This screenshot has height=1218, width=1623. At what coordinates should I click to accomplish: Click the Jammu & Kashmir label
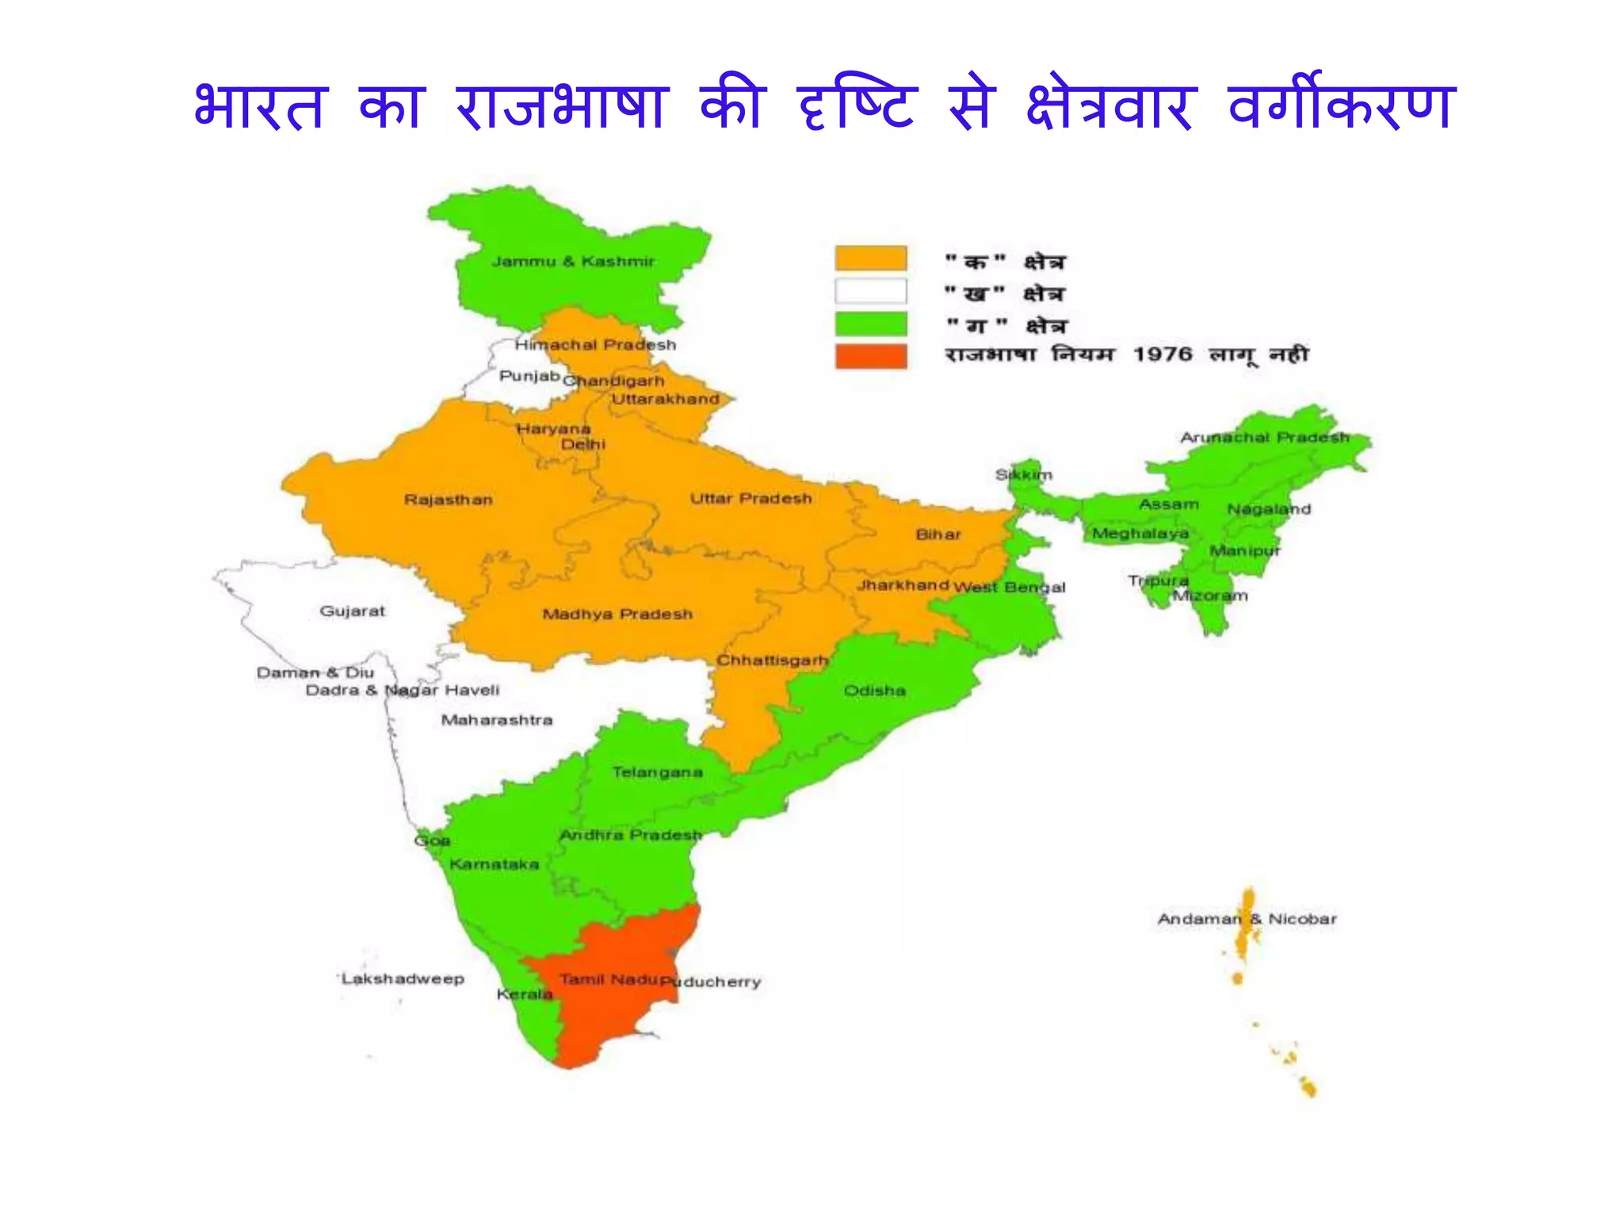[573, 262]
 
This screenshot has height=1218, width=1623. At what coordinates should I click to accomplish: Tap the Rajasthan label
[449, 500]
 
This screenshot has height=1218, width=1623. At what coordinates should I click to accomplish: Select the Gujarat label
[352, 611]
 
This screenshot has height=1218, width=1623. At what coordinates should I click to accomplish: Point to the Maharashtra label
[497, 720]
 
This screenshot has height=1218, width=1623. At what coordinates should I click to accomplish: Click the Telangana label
[657, 772]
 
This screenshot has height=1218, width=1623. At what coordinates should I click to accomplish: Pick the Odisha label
[874, 691]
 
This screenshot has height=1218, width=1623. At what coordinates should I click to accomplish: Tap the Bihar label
[938, 534]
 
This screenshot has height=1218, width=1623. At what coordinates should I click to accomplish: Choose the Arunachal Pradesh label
[1265, 438]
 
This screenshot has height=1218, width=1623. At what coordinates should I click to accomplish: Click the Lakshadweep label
[403, 979]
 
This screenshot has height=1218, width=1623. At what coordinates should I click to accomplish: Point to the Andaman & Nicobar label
[1247, 919]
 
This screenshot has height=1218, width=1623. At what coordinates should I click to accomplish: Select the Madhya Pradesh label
[617, 614]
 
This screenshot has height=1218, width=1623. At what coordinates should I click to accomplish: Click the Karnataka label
[494, 864]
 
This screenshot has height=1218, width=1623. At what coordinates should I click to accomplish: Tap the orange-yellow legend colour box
[870, 259]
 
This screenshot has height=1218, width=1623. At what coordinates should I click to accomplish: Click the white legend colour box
[870, 291]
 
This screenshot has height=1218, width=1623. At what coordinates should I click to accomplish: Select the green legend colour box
[870, 324]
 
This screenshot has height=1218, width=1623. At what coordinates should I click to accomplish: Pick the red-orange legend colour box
[870, 356]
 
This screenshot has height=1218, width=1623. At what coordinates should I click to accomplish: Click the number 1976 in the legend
[1162, 354]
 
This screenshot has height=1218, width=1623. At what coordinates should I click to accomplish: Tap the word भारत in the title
[260, 107]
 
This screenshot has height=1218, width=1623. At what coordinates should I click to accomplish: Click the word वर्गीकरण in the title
[1341, 107]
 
